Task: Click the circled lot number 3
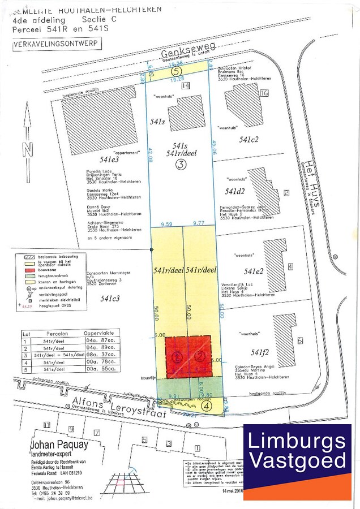tap(181, 165)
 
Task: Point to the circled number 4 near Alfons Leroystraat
tap(207, 405)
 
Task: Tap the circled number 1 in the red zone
tap(177, 357)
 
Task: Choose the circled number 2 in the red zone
tap(199, 356)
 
